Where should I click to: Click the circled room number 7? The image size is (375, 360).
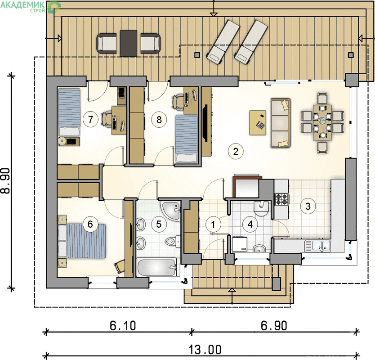90,119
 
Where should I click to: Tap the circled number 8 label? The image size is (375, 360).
159,119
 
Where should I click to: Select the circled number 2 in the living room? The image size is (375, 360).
236,151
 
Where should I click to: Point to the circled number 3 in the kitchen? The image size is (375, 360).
308,206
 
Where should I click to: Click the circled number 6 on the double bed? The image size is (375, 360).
90,224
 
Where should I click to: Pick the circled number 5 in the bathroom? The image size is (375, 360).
159,224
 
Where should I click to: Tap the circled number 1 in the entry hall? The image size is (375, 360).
213,225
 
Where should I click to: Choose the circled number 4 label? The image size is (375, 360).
250,224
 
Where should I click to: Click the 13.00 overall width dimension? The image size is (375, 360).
205,350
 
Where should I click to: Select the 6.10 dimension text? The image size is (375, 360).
123,325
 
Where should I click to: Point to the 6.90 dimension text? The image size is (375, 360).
274,325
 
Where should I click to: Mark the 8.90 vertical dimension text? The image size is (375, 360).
6,180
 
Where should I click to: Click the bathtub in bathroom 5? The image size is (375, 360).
156,267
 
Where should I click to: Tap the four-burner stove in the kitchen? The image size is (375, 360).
281,199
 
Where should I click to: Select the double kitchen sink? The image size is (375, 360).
317,246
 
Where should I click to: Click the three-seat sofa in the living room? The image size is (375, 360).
280,123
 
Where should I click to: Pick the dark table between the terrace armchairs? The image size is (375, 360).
129,43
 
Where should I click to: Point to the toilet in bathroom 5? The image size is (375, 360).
172,242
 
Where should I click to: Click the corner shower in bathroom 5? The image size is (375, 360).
170,211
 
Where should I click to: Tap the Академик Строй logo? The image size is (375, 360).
30,6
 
